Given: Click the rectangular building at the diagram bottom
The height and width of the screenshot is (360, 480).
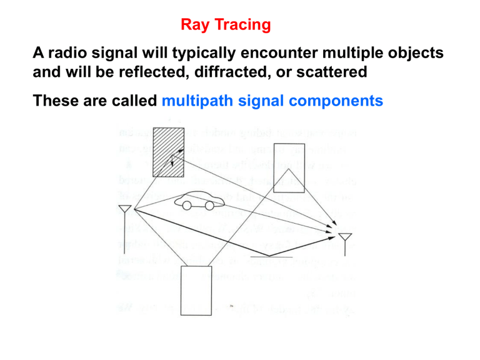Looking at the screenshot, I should point(197,290).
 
